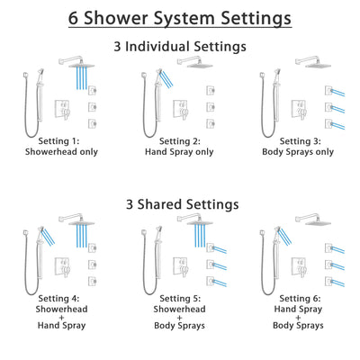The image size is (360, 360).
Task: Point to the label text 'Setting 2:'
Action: pos(180,141)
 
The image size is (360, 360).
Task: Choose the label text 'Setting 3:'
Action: pos(300,141)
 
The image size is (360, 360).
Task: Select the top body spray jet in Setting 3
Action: pos(329,87)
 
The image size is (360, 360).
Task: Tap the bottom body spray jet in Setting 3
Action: pos(329,121)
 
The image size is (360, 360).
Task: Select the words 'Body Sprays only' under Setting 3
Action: pos(300,153)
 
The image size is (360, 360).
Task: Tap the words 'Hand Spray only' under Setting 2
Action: pos(180,153)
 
